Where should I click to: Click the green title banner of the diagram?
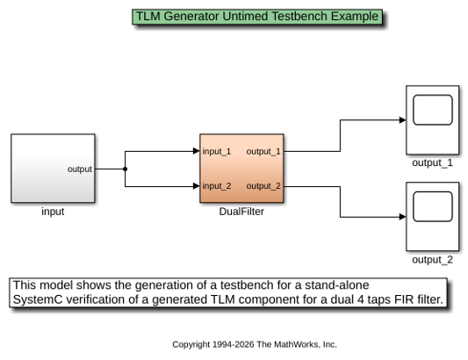point(257,17)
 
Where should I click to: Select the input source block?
point(54,169)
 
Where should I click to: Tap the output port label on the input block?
point(80,169)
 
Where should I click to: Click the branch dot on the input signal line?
point(125,169)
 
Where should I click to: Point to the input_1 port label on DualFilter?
point(217,151)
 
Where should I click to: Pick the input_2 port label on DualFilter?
point(217,186)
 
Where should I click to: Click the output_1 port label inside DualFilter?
point(263,151)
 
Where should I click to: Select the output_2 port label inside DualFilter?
point(263,186)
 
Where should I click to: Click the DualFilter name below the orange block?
point(241,212)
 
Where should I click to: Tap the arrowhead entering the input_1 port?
point(197,151)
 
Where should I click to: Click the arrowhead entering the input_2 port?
point(197,186)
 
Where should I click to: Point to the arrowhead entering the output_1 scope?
point(403,120)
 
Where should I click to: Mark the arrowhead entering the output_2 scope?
point(403,217)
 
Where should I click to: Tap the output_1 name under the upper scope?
point(433,163)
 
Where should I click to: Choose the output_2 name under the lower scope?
point(433,260)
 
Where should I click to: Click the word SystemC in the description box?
point(38,299)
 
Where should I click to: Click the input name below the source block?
point(53,212)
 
